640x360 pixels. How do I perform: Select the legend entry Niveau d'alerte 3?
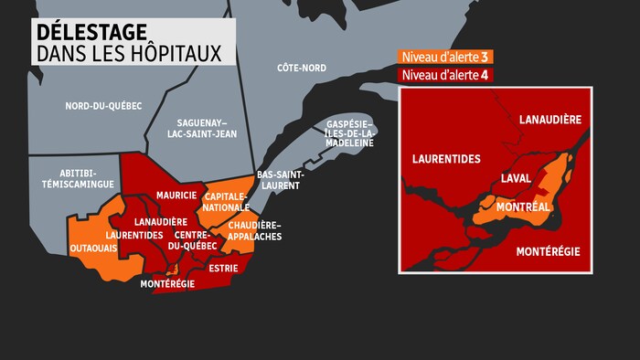[x=443, y=58]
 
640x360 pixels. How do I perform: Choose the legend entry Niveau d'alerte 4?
[x=443, y=74]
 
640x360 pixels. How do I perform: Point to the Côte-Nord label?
[x=302, y=68]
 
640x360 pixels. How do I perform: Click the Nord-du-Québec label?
[x=103, y=106]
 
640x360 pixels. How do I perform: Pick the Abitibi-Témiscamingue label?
[x=74, y=177]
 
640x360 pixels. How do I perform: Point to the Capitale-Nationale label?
[x=227, y=201]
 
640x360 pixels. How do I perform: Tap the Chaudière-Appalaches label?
[x=255, y=230]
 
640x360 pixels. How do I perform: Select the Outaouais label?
[x=91, y=247]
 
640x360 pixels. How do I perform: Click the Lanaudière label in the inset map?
[x=550, y=120]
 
